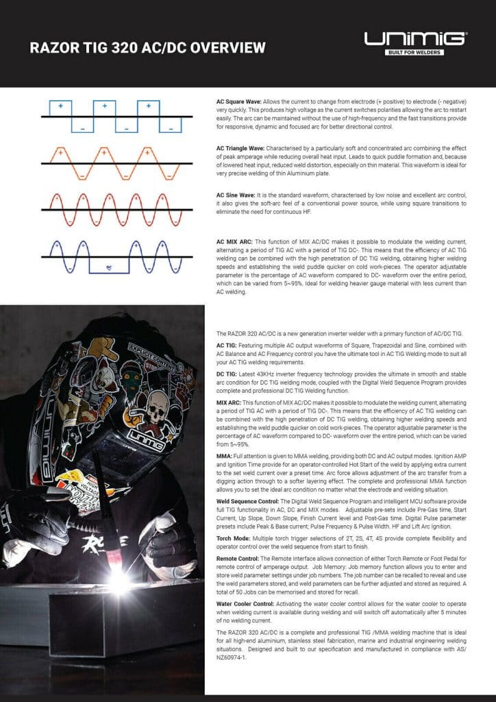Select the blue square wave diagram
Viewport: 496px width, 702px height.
coord(114,117)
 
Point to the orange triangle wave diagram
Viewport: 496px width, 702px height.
coord(114,163)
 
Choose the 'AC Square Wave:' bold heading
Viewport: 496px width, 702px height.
coord(238,101)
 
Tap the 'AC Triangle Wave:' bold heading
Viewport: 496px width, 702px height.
coord(240,148)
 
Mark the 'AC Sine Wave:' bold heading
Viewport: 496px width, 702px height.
coord(236,195)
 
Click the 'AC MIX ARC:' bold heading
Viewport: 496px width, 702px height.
coord(233,242)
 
